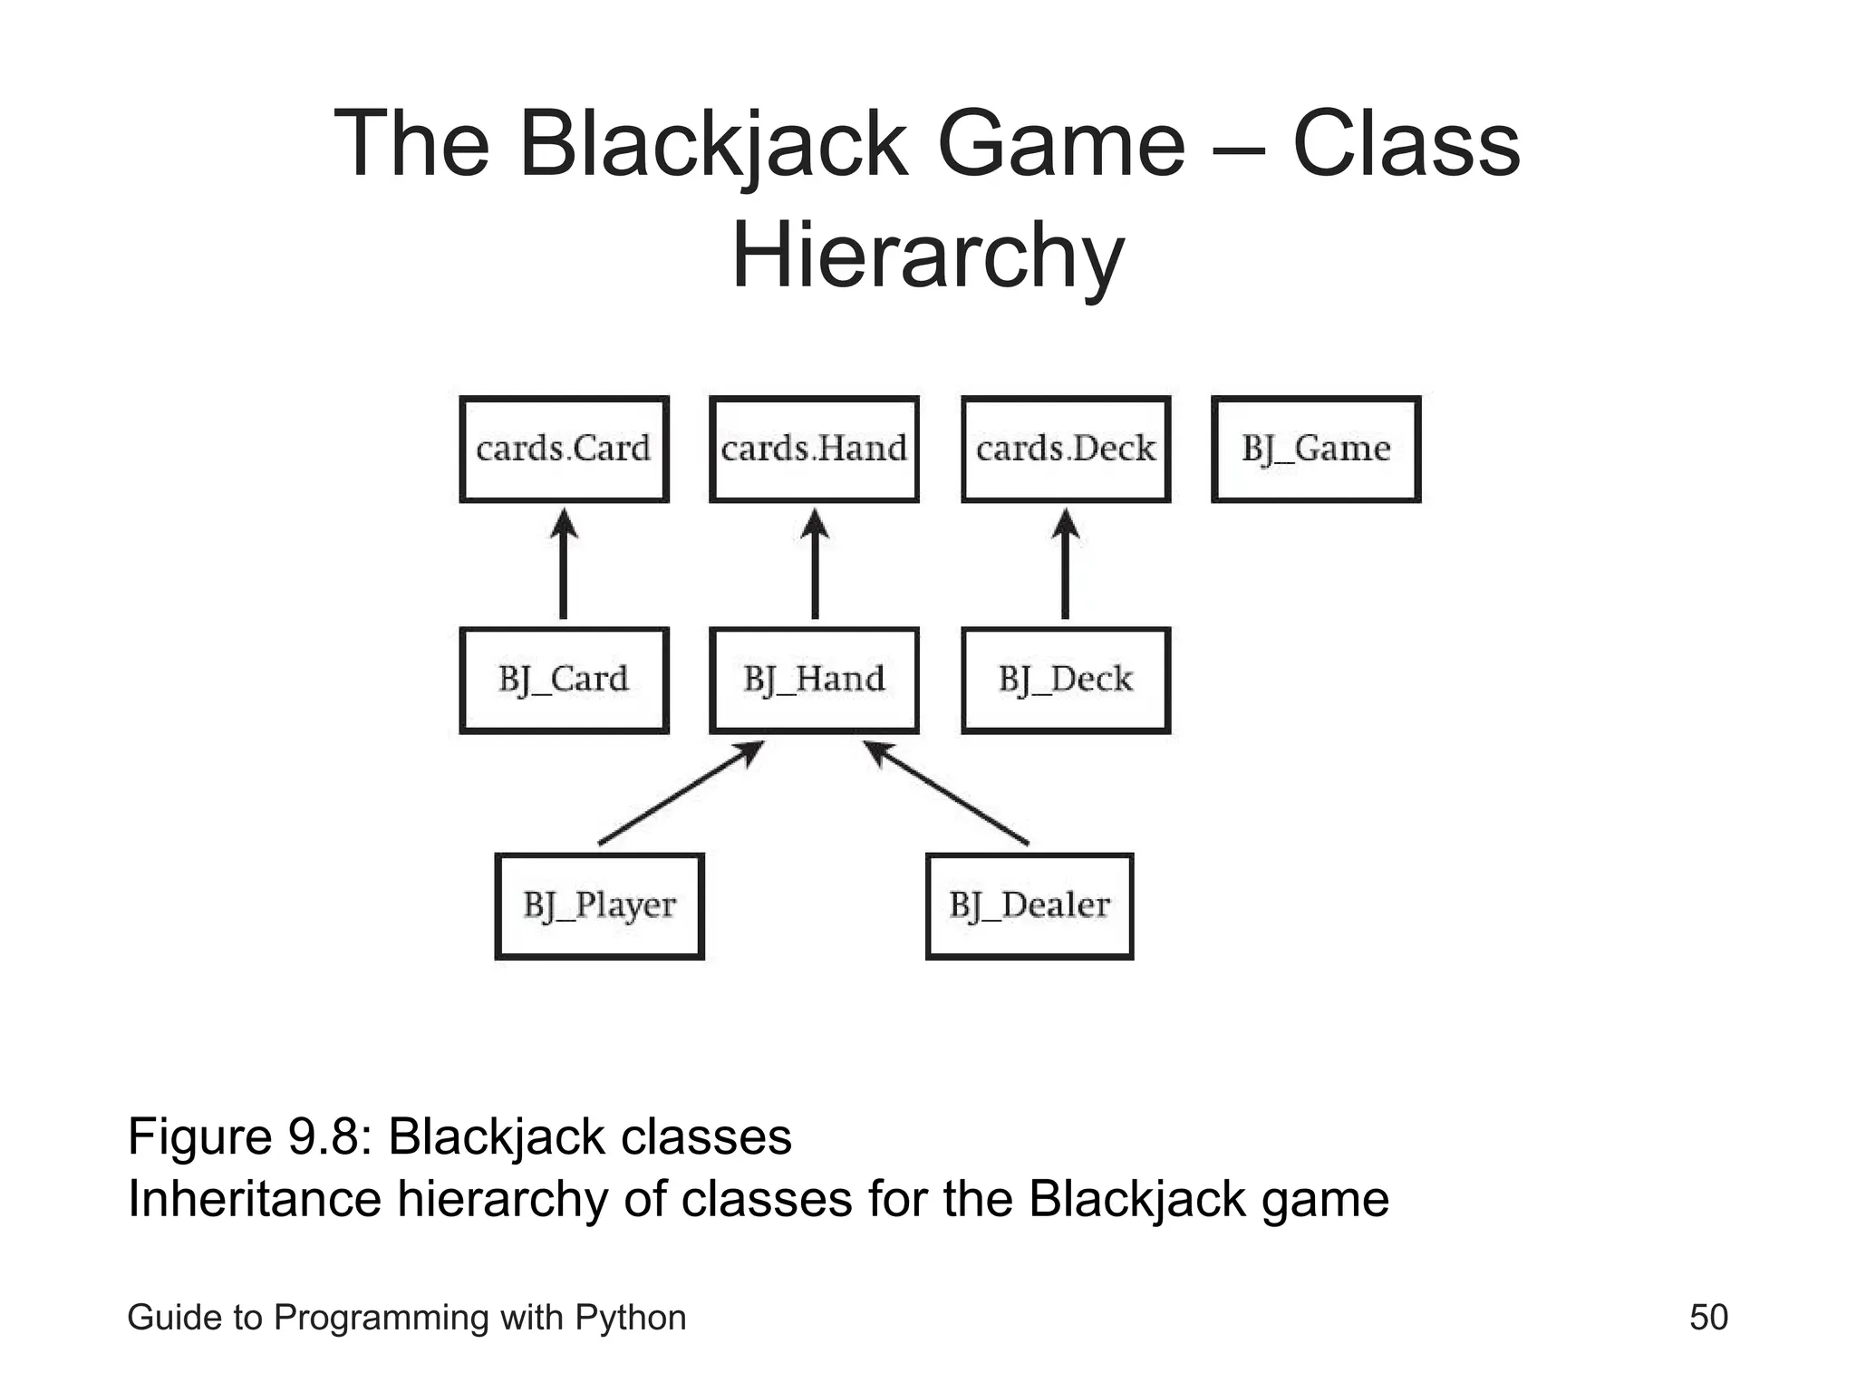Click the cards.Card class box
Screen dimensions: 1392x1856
(564, 449)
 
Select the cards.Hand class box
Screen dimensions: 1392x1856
(814, 449)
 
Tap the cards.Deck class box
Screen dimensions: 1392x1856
(1066, 449)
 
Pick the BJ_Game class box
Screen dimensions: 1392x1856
(1316, 449)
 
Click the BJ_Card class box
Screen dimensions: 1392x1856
(564, 680)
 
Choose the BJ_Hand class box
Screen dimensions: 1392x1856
(814, 680)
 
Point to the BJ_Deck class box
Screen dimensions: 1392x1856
(1066, 680)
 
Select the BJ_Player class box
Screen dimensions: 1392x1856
(599, 905)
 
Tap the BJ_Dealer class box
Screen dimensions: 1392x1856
(1029, 905)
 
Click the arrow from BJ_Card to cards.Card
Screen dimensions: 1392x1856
(564, 565)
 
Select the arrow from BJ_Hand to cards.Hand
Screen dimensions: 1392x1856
(815, 565)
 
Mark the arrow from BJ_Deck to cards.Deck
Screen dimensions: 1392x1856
(1066, 565)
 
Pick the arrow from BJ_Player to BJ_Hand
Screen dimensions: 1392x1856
(680, 794)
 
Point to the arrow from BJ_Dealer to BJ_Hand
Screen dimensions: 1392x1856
(947, 794)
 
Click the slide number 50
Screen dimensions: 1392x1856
(1708, 1317)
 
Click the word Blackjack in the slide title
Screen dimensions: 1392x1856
(713, 144)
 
